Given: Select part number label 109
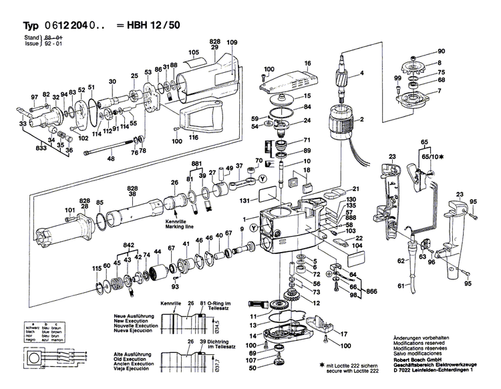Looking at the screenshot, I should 232,43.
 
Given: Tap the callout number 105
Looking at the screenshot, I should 194,53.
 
